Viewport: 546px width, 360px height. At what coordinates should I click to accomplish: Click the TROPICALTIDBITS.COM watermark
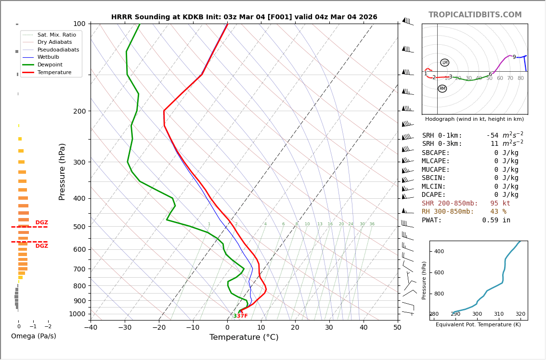pyautogui.click(x=475, y=15)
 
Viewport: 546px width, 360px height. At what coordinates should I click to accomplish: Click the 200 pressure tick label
pyautogui.click(x=79, y=111)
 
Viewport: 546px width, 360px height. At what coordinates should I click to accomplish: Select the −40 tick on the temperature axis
pyautogui.click(x=91, y=328)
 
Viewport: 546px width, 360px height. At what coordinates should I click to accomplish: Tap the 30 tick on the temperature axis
pyautogui.click(x=329, y=328)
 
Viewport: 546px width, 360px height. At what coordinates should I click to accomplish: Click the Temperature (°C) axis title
pyautogui.click(x=244, y=337)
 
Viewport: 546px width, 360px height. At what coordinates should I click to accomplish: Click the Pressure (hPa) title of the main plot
pyautogui.click(x=62, y=171)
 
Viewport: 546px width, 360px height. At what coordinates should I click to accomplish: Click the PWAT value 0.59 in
pyautogui.click(x=496, y=220)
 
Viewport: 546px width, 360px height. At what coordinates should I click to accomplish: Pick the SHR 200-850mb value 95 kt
pyautogui.click(x=500, y=204)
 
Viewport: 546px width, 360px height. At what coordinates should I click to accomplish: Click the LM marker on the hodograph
pyautogui.click(x=444, y=63)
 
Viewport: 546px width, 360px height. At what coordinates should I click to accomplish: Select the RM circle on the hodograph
pyautogui.click(x=442, y=89)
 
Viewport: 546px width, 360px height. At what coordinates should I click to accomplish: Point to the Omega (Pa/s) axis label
pyautogui.click(x=33, y=336)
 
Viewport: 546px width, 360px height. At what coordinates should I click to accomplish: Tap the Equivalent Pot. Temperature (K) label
pyautogui.click(x=478, y=324)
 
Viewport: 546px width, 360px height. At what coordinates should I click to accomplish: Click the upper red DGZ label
pyautogui.click(x=42, y=223)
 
